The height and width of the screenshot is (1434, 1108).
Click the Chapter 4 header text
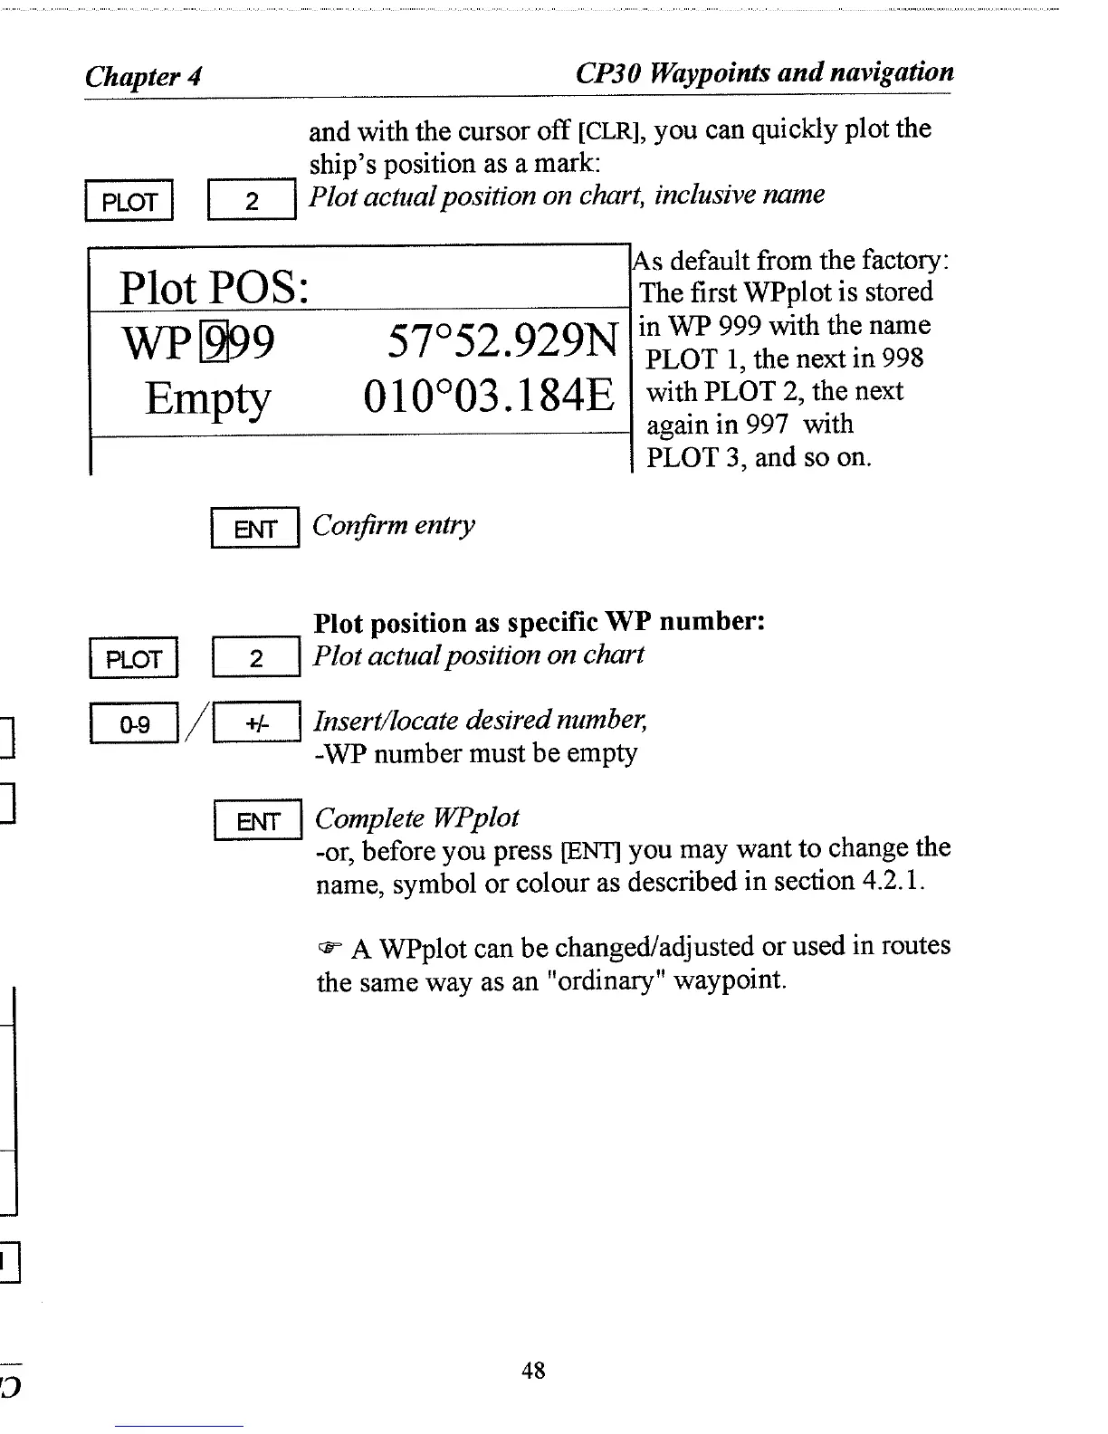[x=143, y=77]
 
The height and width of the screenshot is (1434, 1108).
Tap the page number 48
[x=533, y=1371]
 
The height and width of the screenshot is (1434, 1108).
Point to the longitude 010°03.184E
[x=489, y=397]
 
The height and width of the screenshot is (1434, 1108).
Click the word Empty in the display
[x=207, y=398]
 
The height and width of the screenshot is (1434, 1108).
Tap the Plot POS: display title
[x=215, y=289]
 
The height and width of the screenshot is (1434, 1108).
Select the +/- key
[x=256, y=724]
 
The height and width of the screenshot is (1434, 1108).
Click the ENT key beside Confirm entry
[x=254, y=529]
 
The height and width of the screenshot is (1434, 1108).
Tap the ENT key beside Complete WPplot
[x=258, y=821]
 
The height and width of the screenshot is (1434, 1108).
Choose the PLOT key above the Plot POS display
[x=129, y=201]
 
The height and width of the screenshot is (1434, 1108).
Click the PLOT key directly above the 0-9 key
[x=133, y=658]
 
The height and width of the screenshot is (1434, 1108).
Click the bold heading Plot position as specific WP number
[x=540, y=623]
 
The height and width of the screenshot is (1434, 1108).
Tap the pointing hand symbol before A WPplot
[x=329, y=949]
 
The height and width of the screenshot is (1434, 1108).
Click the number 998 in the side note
[x=903, y=358]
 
